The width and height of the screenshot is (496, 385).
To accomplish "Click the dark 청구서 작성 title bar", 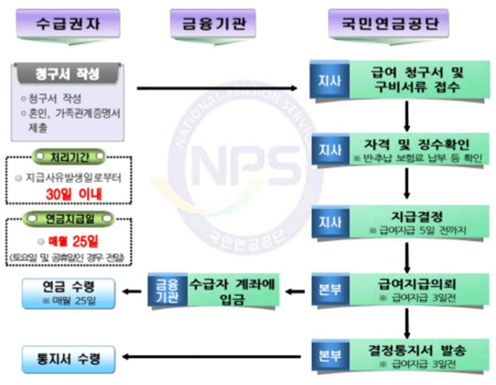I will point(67,74).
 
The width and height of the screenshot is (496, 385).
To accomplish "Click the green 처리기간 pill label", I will point(69,154).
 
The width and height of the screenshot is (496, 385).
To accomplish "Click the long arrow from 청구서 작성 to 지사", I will point(218,88).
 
